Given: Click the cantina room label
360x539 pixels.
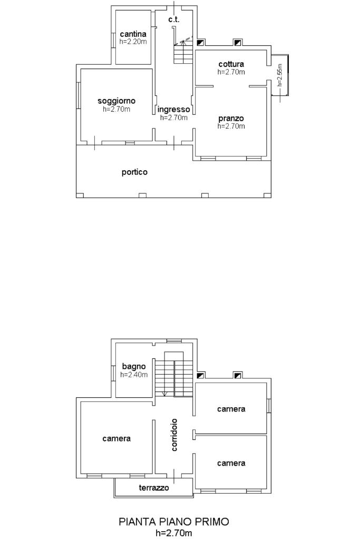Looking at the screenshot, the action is click(133, 34).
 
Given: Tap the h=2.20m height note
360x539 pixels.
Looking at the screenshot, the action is click(133, 42).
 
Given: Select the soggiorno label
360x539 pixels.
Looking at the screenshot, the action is click(116, 101).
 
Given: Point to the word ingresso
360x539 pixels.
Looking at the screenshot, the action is click(173, 110).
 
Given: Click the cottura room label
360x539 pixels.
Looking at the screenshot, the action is click(231, 64).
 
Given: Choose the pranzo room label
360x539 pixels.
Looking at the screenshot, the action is click(231, 119).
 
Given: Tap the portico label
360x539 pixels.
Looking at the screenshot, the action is click(134, 172).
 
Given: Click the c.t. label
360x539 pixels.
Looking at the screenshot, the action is click(174, 19).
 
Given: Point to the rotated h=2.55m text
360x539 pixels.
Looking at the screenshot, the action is click(279, 75).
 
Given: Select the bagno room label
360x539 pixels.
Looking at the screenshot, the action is click(134, 367).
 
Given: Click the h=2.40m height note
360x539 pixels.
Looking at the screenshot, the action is click(134, 375).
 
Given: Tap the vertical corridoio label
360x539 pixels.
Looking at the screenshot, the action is click(174, 435).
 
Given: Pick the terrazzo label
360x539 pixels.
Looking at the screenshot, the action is click(154, 488).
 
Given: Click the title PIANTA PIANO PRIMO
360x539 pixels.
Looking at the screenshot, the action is click(174, 522).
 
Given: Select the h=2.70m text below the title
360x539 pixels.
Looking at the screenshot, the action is click(174, 533).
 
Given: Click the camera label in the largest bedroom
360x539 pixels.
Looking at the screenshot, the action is click(116, 438).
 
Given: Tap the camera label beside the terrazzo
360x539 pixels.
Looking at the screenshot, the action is click(231, 463).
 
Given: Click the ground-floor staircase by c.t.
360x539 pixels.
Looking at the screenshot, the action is click(183, 52).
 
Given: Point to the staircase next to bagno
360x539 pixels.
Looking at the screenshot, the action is click(173, 374).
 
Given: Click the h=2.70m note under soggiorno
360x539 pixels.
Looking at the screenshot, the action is click(116, 109).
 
